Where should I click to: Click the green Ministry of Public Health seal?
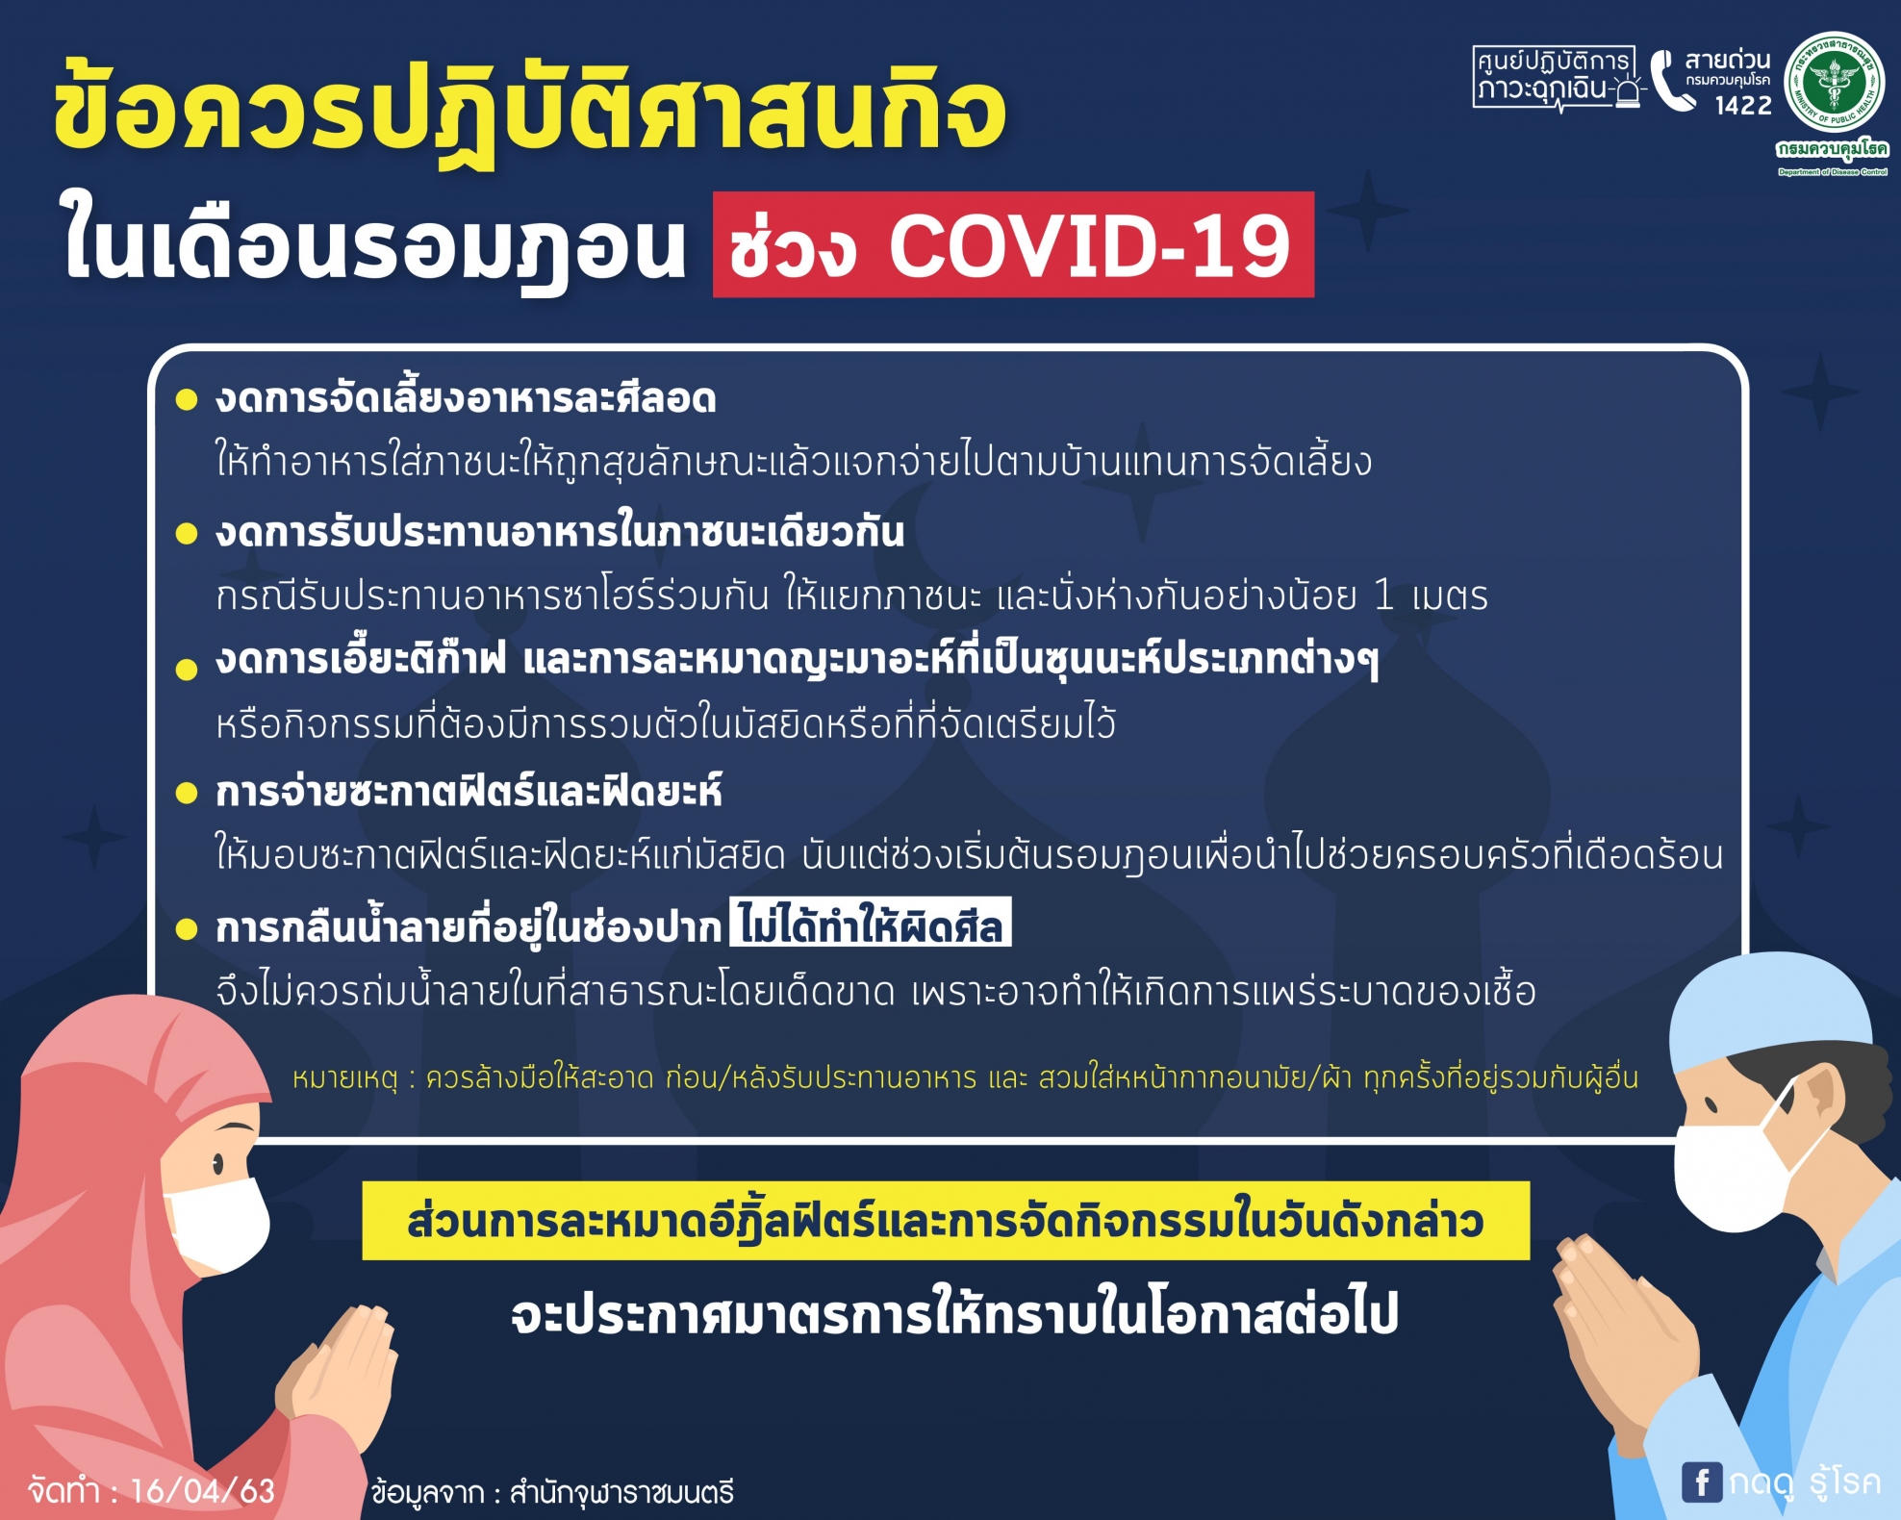[1834, 83]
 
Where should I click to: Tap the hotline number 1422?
[1743, 105]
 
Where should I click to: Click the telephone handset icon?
[1672, 81]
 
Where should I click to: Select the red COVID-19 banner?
[1013, 244]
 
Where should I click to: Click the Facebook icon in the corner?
[1702, 1482]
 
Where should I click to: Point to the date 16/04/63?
[202, 1490]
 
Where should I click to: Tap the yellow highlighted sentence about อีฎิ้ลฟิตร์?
[946, 1221]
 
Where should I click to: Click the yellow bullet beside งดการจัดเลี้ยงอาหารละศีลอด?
[187, 399]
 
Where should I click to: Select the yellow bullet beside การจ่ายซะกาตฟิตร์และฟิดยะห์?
[187, 793]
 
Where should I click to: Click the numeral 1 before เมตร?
[1383, 595]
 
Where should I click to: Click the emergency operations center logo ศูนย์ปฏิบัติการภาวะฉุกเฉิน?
[1557, 77]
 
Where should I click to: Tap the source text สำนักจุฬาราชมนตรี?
[621, 1492]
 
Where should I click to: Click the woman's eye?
[218, 1165]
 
